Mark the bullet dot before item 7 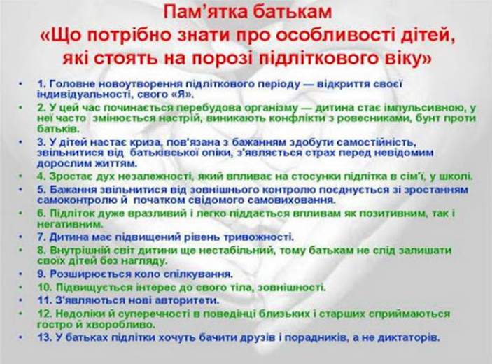(24, 237)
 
